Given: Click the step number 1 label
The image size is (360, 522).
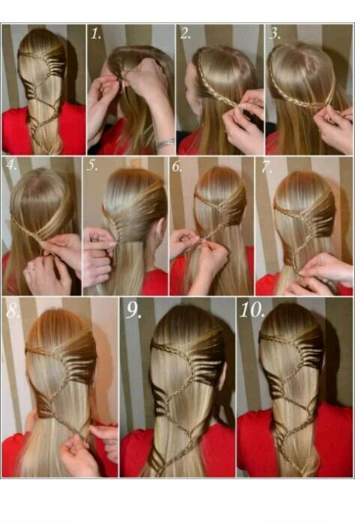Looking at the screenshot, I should point(95,34).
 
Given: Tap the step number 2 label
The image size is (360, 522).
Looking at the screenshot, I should point(185,34).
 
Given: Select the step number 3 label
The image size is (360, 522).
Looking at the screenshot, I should point(274,34).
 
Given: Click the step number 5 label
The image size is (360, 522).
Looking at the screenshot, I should point(91,166).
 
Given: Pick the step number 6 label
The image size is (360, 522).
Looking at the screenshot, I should point(177,166).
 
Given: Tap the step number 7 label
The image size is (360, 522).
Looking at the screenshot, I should point(265,166).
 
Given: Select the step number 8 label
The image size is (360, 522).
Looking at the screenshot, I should point(13,310).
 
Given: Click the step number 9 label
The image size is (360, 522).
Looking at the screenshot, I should point(133,310).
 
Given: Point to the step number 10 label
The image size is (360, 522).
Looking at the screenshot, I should point(250,310).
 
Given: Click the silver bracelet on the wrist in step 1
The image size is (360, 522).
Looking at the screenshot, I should point(165,142).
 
